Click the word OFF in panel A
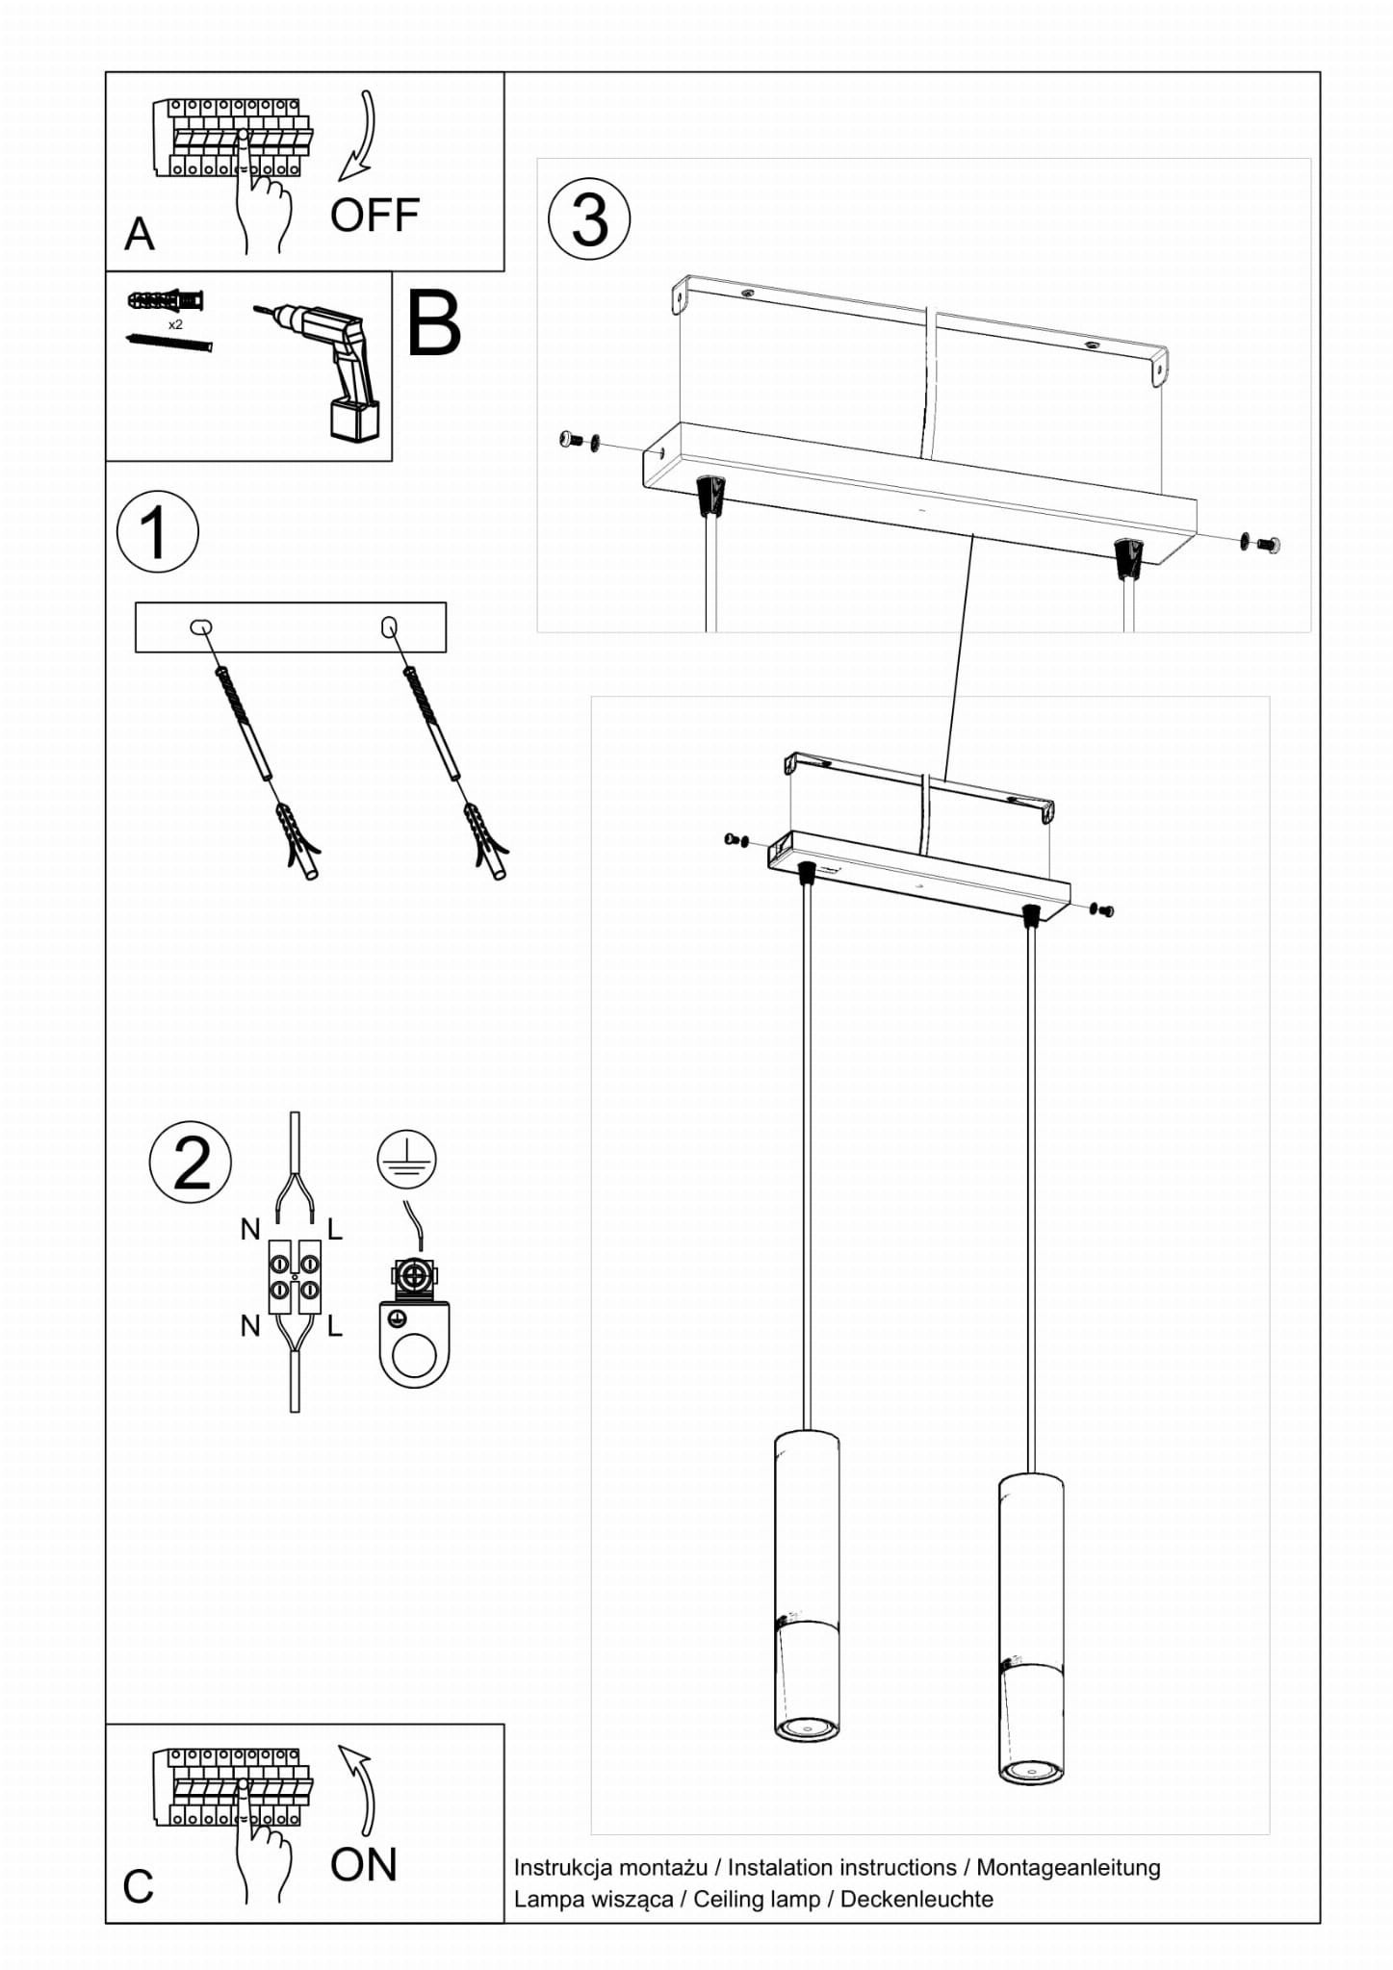pos(374,216)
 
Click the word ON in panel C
pos(363,1864)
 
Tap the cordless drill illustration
pos(332,370)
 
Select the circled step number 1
pos(157,532)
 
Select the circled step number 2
pos(191,1163)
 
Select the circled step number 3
pos(589,219)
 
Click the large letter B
pos(434,324)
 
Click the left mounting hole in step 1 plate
pos(201,627)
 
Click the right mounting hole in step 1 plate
pos(389,627)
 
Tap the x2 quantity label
pos(175,325)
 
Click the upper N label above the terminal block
pos(250,1229)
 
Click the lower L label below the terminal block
pos(334,1326)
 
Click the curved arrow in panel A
pos(358,137)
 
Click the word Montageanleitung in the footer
pos(1068,1867)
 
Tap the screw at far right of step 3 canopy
pos(1268,545)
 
